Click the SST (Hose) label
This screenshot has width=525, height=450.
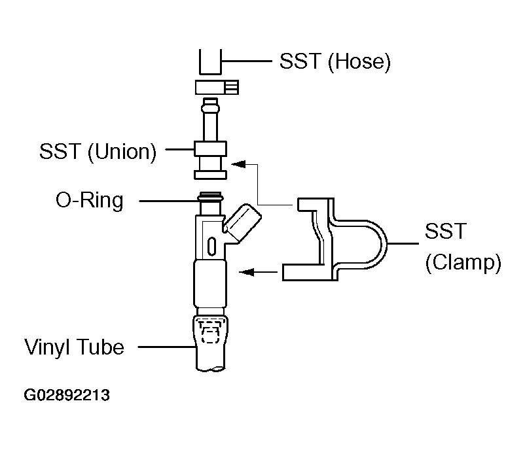[x=335, y=61]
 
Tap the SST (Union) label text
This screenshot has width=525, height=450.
[x=98, y=152]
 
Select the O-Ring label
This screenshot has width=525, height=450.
[x=90, y=200]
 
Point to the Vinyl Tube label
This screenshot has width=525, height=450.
[x=74, y=347]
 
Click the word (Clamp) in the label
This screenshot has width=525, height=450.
[x=463, y=262]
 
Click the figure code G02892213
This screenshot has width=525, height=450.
[x=67, y=395]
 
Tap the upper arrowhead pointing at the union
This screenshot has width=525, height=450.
[x=239, y=164]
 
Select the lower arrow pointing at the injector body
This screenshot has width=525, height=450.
[x=258, y=272]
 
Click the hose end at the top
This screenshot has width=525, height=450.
[x=211, y=62]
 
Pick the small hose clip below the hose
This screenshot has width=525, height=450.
[x=217, y=88]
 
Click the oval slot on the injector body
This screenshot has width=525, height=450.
[x=212, y=247]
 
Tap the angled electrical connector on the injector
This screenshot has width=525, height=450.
[x=242, y=223]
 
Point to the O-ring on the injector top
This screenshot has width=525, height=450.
[x=210, y=198]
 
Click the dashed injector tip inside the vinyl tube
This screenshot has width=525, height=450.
[x=209, y=332]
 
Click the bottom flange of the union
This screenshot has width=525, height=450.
[x=211, y=175]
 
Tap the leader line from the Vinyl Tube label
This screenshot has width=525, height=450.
[x=168, y=347]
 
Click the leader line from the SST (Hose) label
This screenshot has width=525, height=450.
[x=247, y=61]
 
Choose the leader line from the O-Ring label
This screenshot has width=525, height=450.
[x=168, y=201]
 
